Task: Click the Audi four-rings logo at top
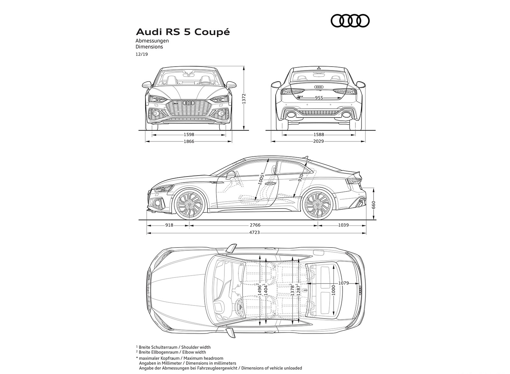click(x=350, y=21)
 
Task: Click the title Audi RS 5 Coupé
click(x=183, y=32)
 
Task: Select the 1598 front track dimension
click(x=189, y=135)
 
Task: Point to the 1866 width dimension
click(x=189, y=141)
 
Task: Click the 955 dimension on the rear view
click(x=319, y=98)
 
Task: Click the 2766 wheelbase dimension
click(x=255, y=225)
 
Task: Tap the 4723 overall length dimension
click(x=255, y=233)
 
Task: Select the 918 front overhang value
click(x=169, y=225)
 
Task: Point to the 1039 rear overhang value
click(x=343, y=225)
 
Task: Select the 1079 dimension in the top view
click(x=343, y=283)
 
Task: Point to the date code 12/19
click(x=142, y=54)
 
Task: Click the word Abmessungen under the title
click(x=152, y=41)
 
